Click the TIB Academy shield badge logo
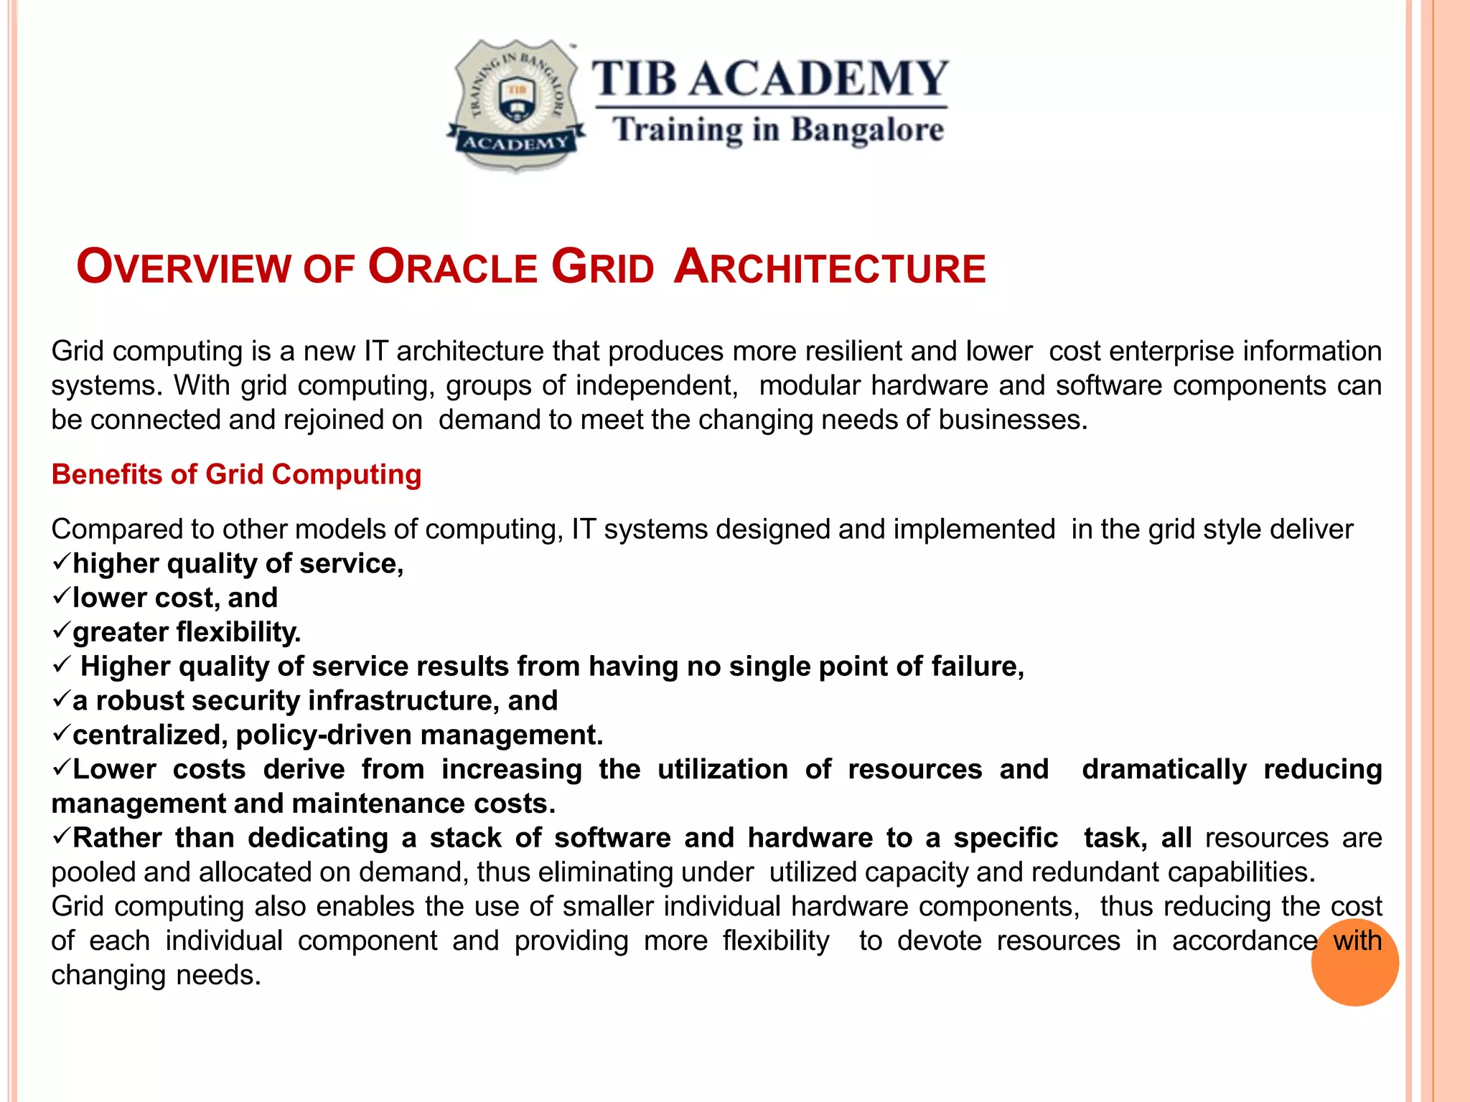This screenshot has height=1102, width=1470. click(x=515, y=105)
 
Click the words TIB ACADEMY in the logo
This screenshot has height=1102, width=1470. click(x=769, y=78)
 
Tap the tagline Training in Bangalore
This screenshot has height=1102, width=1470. click(x=778, y=131)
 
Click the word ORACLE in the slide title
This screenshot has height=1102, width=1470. click(x=452, y=267)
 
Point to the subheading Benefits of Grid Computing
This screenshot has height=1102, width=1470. click(x=236, y=475)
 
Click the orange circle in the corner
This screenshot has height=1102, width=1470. click(x=1354, y=962)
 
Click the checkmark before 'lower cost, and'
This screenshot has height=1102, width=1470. click(x=61, y=595)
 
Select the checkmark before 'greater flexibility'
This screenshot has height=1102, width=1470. click(x=61, y=630)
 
